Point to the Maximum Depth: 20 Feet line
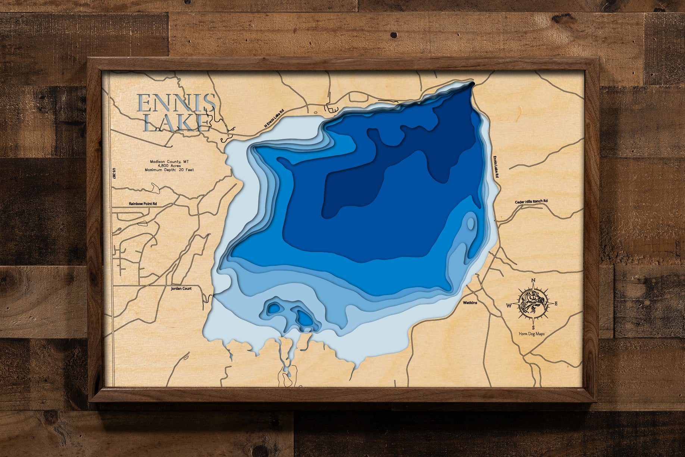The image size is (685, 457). pos(169,170)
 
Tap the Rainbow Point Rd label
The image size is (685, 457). pos(143,204)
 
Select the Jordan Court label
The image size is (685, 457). pos(181,289)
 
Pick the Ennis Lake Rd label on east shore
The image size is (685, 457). pos(496,167)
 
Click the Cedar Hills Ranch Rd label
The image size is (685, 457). pos(531,202)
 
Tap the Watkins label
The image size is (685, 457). pos(470,303)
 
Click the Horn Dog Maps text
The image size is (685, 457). pos(532,334)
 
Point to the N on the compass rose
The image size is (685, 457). pos(533,281)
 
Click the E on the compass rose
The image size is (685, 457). pos(556,304)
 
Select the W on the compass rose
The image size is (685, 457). pos(509,306)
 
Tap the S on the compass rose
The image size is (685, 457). pos(534,327)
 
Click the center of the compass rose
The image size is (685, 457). pos(532,304)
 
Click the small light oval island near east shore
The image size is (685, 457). pos(471,223)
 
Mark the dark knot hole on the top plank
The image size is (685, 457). pos(394,35)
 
